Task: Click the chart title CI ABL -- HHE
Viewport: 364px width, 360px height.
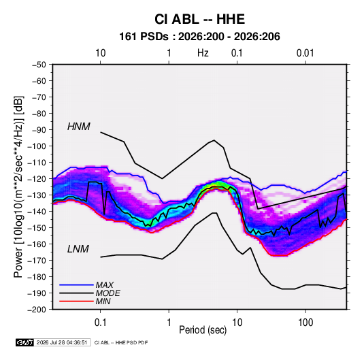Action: pos(199,19)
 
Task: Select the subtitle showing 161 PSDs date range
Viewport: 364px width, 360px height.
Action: pos(199,37)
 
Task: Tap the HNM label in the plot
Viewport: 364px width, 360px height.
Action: pos(79,127)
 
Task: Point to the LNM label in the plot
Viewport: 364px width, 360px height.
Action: pos(78,249)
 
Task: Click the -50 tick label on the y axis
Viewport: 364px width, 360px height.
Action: pos(39,65)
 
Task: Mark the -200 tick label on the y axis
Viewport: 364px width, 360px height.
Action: pos(37,310)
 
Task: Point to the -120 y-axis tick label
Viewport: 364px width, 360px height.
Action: pos(37,179)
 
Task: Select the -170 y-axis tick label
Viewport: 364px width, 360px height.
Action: pos(37,261)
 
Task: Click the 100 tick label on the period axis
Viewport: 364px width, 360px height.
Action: pos(305,323)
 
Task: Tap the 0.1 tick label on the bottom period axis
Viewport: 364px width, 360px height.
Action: pos(100,323)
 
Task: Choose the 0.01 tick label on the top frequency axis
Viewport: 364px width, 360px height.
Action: pos(305,53)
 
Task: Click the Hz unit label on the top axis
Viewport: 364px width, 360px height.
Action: pos(203,53)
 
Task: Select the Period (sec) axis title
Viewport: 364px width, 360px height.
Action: pos(203,330)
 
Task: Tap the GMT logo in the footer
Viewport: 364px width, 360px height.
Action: pos(25,342)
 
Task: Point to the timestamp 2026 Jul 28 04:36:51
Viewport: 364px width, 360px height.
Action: pos(62,342)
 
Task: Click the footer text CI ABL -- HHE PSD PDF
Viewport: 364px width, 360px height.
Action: pos(121,342)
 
